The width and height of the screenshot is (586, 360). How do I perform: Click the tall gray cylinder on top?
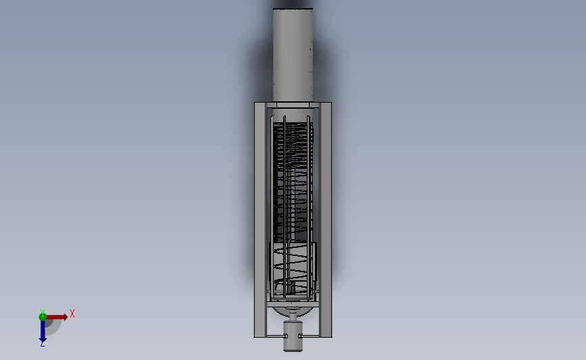click(x=293, y=54)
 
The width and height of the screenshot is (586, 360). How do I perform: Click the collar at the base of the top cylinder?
click(x=293, y=105)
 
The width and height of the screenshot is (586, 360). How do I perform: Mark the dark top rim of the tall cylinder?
click(x=293, y=9)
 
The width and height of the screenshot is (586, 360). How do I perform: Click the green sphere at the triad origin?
click(x=43, y=317)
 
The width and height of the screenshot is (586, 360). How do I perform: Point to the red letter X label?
click(x=72, y=313)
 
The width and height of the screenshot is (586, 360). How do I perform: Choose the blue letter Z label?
click(x=42, y=344)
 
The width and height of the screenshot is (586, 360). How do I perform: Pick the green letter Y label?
click(x=42, y=311)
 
